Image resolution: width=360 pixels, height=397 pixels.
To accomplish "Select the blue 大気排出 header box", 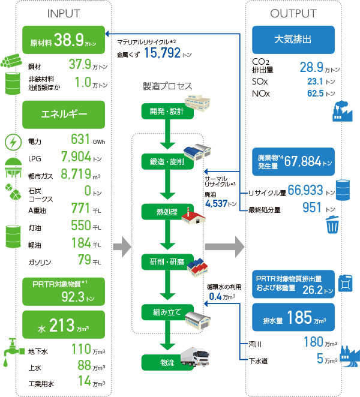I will tap(293, 40).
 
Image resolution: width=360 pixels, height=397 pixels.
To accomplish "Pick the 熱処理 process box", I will tap(160, 212).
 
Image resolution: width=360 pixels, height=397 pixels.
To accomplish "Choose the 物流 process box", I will tap(160, 362).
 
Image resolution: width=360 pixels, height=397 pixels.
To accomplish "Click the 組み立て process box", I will tap(162, 312).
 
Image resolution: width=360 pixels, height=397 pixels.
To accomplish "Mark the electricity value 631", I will tap(80, 140).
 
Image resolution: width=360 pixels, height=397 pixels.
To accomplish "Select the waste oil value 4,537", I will tap(217, 204).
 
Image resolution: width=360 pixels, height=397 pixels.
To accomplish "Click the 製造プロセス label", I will tap(167, 86).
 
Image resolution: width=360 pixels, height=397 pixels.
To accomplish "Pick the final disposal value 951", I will tap(311, 208).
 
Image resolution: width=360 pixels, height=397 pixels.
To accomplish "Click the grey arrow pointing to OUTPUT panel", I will tap(224, 245).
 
